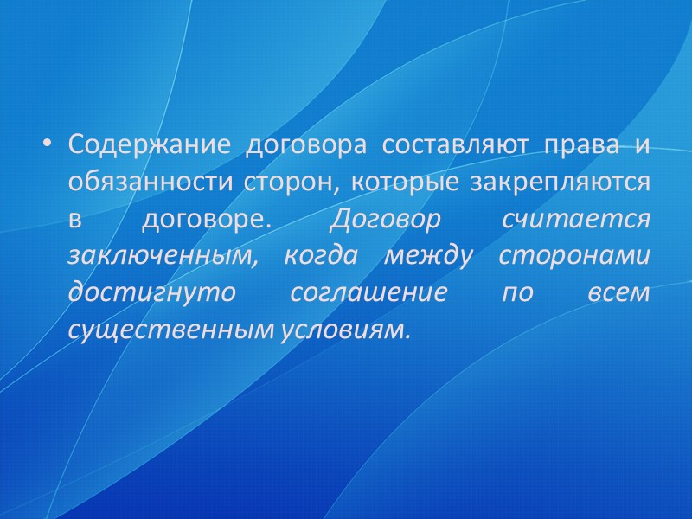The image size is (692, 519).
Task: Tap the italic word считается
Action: click(x=574, y=219)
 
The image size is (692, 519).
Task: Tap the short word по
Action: click(x=518, y=293)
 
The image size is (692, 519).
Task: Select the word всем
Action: click(x=618, y=293)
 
